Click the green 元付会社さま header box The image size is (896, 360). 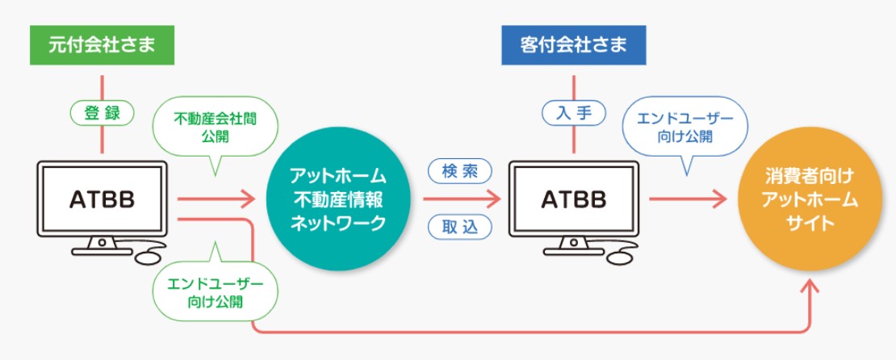[102, 45]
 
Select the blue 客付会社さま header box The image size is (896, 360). [574, 45]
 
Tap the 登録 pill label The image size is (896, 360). [103, 114]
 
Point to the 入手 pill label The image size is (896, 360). [574, 114]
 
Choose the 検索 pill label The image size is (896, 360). [460, 170]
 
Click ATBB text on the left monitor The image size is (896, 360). [103, 199]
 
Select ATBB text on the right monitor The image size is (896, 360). [574, 199]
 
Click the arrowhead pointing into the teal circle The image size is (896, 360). [247, 199]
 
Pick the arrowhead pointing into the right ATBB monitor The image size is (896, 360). [492, 199]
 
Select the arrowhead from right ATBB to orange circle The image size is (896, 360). [718, 199]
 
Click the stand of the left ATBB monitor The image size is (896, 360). [103, 245]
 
